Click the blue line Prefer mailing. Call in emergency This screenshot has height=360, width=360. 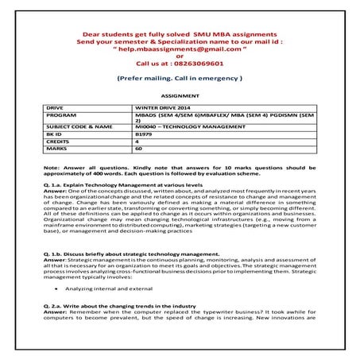(x=180, y=79)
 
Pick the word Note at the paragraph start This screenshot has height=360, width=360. (x=52, y=167)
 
